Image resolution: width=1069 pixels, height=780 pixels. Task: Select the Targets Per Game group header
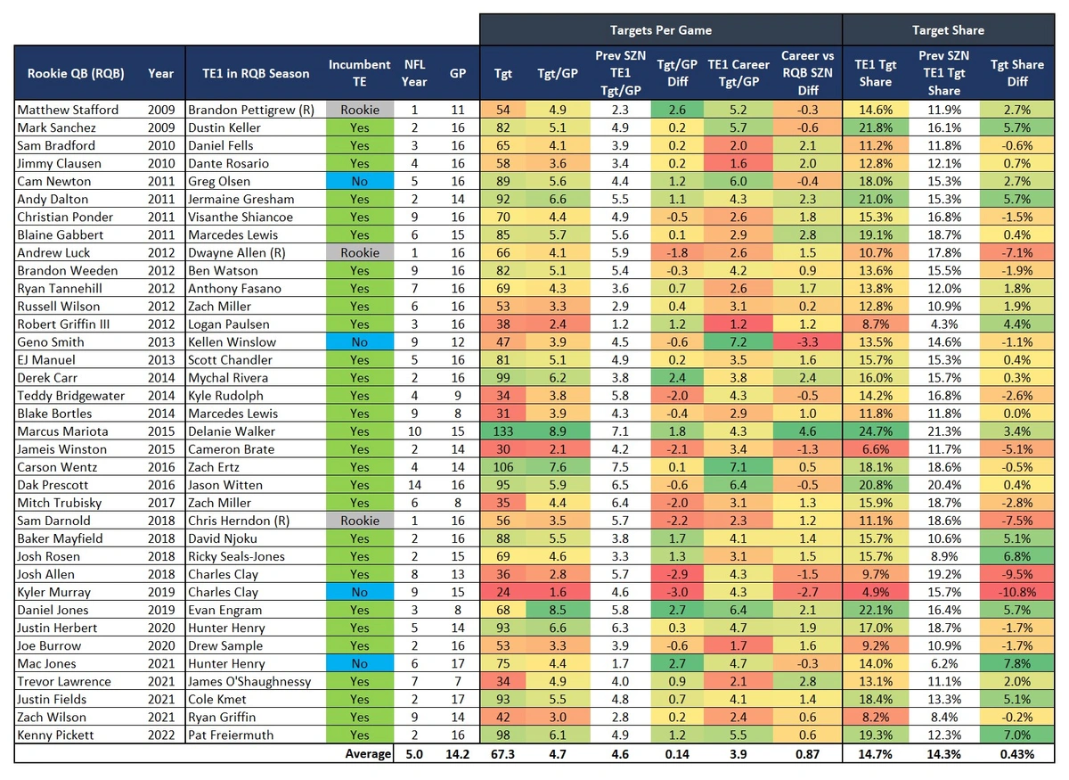(660, 30)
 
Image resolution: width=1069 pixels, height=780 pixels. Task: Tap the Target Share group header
(948, 30)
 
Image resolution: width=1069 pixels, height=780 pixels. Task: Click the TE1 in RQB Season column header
(249, 73)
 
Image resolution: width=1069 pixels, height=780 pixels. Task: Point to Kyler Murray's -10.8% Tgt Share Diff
(1016, 592)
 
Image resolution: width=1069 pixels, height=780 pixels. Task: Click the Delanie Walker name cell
(229, 431)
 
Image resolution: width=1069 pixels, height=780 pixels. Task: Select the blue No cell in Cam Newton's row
(359, 181)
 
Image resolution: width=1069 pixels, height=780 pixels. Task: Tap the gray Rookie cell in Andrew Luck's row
(359, 252)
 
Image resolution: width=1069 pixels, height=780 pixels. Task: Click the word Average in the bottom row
(368, 753)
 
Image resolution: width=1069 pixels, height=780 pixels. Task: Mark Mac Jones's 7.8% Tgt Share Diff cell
(1016, 663)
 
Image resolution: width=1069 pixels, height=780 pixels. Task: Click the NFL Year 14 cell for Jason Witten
(415, 485)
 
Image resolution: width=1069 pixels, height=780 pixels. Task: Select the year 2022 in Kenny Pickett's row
(161, 735)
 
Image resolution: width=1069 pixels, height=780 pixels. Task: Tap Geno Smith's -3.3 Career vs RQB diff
(807, 341)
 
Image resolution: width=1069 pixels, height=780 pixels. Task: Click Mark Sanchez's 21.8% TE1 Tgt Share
(875, 127)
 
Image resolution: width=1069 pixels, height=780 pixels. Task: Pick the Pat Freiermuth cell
(230, 735)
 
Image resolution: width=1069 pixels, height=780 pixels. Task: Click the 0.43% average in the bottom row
(1016, 753)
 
